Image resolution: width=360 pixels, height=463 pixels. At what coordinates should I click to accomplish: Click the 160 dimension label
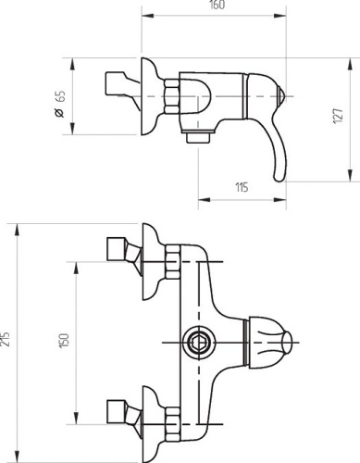217,6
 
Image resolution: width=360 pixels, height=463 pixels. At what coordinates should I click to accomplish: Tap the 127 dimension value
339,116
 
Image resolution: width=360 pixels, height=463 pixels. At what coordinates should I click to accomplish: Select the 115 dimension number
242,187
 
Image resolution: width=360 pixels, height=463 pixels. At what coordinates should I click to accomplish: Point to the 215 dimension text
6,339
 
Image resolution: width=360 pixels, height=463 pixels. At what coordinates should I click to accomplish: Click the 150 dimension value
64,341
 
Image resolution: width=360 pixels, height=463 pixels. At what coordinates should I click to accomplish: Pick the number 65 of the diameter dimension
61,96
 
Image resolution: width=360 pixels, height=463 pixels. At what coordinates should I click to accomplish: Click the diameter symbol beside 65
59,113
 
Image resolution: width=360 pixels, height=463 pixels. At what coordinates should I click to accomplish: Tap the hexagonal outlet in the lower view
199,343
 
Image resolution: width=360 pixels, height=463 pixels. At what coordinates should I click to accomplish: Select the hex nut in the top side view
171,96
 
